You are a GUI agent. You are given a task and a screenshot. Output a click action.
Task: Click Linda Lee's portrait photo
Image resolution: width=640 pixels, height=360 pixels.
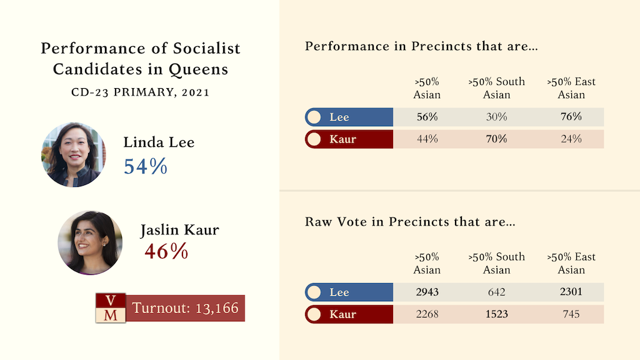click(x=73, y=154)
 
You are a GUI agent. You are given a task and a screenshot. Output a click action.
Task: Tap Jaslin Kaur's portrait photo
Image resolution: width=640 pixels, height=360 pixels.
click(x=90, y=242)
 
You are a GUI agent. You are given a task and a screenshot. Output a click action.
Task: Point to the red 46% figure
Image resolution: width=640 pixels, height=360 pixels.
click(x=166, y=251)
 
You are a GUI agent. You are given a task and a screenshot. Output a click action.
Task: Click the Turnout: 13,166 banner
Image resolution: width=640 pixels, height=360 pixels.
click(x=185, y=308)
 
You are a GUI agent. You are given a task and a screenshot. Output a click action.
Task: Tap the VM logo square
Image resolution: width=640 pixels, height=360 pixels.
click(x=111, y=307)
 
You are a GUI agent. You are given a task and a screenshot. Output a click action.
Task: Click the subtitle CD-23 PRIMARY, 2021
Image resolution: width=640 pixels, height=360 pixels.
click(x=140, y=92)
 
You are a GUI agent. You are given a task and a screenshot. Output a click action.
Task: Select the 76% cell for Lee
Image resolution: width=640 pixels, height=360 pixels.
click(x=571, y=117)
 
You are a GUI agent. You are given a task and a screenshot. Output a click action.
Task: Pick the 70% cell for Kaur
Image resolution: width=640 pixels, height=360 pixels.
click(x=496, y=139)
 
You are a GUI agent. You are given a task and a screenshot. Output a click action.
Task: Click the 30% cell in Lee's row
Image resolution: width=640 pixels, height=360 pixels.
click(x=496, y=117)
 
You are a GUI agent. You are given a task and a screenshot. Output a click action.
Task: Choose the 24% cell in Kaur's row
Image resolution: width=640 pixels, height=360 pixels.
click(x=571, y=139)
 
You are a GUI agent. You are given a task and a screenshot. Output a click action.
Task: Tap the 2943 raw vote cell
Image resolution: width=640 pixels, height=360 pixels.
click(x=427, y=292)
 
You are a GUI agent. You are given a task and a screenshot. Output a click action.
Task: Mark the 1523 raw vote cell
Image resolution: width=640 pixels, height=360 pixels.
click(x=496, y=314)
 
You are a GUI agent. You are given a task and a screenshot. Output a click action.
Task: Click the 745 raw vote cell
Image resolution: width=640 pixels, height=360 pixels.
click(x=571, y=314)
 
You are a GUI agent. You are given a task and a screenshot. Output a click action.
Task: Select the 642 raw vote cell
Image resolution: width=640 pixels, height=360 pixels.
click(x=496, y=292)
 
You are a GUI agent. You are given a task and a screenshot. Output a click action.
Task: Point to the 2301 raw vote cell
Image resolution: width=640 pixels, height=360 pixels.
click(x=571, y=292)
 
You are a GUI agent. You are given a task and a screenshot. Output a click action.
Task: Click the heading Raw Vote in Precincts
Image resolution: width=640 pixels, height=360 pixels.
click(x=409, y=222)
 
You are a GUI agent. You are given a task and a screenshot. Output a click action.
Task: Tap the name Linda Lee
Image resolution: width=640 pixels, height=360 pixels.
click(x=159, y=142)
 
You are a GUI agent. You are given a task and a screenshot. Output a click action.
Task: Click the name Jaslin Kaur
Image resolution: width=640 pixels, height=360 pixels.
click(x=179, y=230)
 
